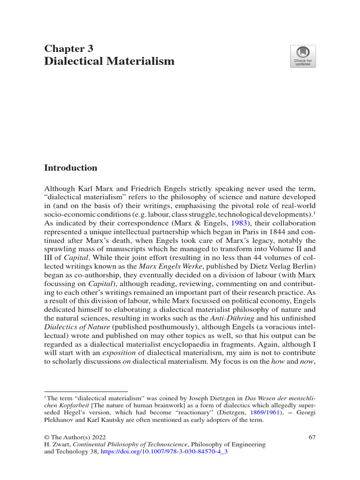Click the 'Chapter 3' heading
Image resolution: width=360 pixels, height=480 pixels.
(68, 48)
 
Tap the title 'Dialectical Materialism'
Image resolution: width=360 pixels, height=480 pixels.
(109, 61)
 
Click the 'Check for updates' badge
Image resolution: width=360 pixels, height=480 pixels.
(303, 56)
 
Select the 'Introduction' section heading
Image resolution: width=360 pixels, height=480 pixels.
(70, 168)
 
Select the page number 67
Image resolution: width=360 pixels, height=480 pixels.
(313, 437)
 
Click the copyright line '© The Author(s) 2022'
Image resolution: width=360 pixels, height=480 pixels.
(74, 437)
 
